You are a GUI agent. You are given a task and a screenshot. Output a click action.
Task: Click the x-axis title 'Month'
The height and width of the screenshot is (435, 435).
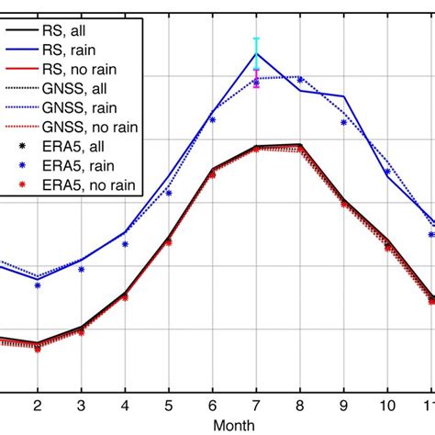pyautogui.click(x=234, y=425)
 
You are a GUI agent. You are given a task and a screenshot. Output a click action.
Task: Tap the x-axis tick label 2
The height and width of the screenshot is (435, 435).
pyautogui.click(x=38, y=405)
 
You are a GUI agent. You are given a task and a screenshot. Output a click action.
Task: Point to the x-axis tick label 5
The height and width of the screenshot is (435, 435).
pyautogui.click(x=169, y=405)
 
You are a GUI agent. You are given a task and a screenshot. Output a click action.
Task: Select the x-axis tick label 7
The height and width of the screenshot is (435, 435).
pyautogui.click(x=256, y=405)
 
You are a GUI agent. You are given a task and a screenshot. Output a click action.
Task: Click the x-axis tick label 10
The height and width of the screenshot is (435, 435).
pyautogui.click(x=387, y=405)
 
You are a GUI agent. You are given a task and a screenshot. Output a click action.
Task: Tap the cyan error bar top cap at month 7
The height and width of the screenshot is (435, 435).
pyautogui.click(x=256, y=39)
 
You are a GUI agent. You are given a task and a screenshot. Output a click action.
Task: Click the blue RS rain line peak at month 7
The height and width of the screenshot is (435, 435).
pyautogui.click(x=256, y=53)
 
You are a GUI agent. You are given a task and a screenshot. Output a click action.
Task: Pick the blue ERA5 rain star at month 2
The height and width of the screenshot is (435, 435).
pyautogui.click(x=38, y=285)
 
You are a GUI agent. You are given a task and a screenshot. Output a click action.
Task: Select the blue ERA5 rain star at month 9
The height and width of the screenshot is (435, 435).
pyautogui.click(x=344, y=121)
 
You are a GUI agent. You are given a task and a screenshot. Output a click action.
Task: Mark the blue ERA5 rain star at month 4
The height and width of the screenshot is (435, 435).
pyautogui.click(x=125, y=244)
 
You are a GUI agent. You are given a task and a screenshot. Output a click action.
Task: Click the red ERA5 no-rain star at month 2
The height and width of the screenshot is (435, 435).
pyautogui.click(x=38, y=350)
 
